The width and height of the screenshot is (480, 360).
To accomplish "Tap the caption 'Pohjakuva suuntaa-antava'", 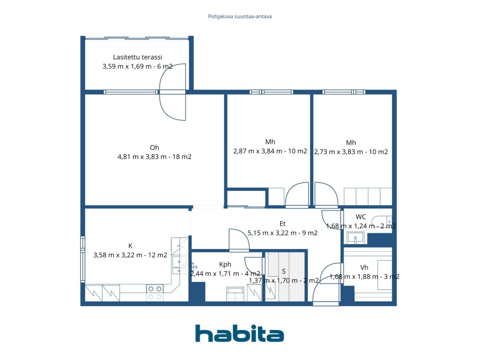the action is click(x=240, y=16).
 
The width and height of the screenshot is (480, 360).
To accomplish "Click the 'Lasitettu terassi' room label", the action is click(x=137, y=57).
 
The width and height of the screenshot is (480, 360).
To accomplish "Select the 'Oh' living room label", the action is click(x=154, y=147).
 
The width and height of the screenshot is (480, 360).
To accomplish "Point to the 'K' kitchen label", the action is click(x=130, y=246).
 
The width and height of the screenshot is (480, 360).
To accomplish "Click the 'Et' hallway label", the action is click(x=282, y=223).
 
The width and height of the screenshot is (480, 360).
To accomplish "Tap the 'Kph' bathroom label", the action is click(x=225, y=264).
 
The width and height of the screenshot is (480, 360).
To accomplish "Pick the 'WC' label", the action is click(x=361, y=217).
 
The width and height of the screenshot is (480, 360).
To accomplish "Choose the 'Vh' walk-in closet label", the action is click(x=364, y=267).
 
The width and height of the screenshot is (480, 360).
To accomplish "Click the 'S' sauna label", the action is click(x=283, y=271).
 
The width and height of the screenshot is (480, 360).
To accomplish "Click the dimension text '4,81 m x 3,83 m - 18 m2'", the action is click(x=154, y=157).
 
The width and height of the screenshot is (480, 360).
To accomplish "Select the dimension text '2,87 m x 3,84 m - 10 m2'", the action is click(x=270, y=151).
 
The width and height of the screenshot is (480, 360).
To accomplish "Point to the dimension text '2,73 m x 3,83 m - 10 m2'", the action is click(x=351, y=152).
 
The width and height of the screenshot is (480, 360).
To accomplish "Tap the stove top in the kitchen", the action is click(x=155, y=292).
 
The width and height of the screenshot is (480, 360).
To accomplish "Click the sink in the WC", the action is click(x=355, y=238).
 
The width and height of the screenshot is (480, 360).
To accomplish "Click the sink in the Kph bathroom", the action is click(x=235, y=294).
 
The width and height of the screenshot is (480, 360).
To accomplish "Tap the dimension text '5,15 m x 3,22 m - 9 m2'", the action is click(x=282, y=233).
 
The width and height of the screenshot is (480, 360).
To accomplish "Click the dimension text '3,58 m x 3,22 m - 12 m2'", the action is click(x=130, y=255).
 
